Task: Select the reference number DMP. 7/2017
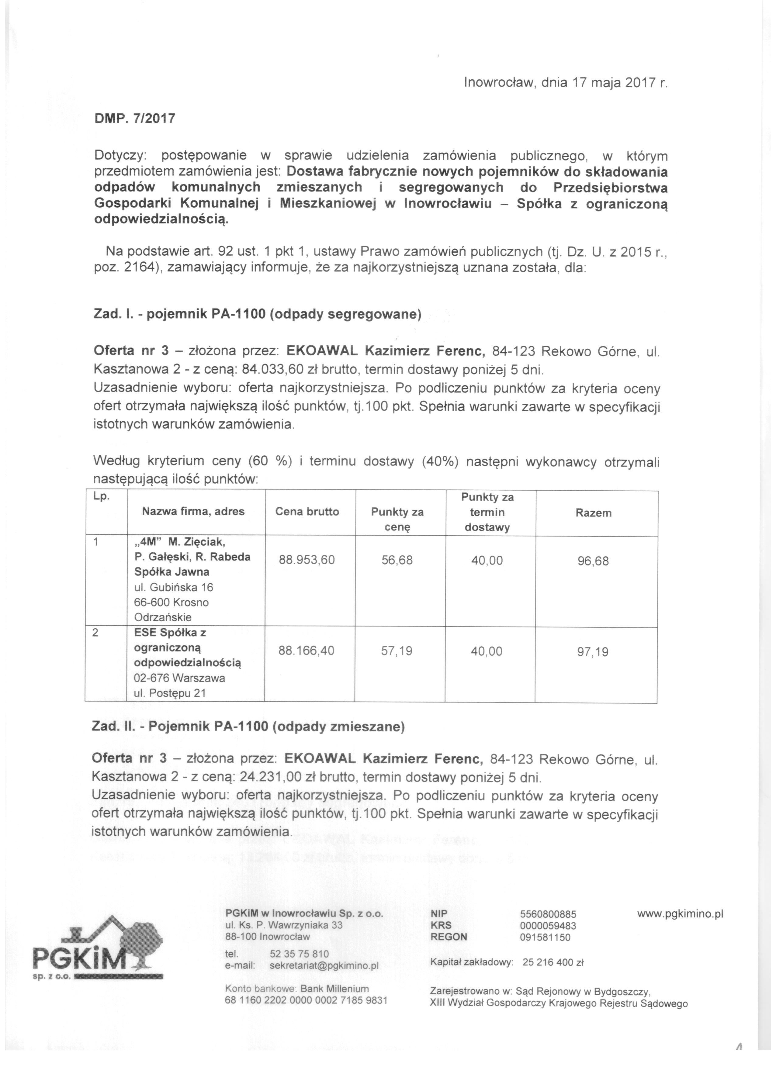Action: pyautogui.click(x=135, y=118)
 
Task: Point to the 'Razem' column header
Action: pyautogui.click(x=593, y=513)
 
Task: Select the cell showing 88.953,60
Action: pyautogui.click(x=307, y=560)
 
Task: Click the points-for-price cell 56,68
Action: pyautogui.click(x=397, y=560)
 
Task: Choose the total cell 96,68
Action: pyautogui.click(x=593, y=561)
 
